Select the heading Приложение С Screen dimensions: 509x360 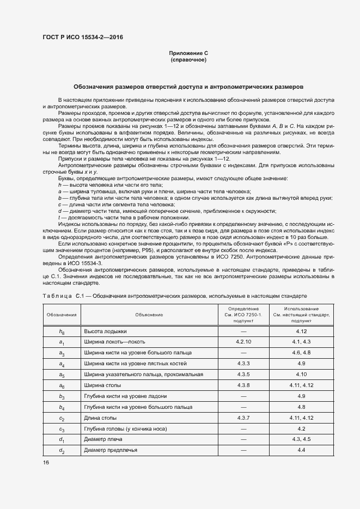coord(188,53)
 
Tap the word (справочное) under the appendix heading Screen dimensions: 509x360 coord(188,59)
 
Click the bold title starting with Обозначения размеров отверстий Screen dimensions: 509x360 coord(188,87)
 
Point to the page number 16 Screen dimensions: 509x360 coord(46,462)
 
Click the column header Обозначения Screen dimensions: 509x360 coord(62,315)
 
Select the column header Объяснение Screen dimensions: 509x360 coord(149,315)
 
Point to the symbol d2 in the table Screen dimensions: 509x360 coord(62,451)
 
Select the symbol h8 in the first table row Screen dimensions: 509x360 coord(62,331)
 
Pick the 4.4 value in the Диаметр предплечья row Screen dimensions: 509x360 coord(301,450)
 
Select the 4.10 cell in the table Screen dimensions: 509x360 coord(301,374)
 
